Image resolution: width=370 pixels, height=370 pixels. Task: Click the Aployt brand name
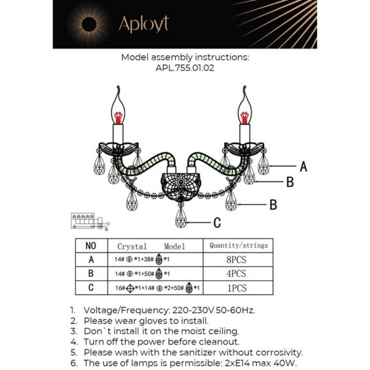point(144,24)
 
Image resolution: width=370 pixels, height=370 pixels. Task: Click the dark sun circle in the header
point(89,24)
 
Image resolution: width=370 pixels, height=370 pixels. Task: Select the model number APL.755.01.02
point(185,68)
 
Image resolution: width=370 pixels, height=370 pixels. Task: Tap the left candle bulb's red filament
point(118,118)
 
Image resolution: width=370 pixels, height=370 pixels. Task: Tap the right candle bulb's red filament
point(245,118)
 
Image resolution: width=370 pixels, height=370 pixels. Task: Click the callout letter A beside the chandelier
point(304,166)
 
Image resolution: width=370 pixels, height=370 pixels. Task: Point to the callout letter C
point(217,222)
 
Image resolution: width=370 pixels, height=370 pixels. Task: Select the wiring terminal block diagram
point(90,221)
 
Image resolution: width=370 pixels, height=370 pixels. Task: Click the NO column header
point(91,246)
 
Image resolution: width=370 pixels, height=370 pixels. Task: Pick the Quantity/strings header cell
point(239,246)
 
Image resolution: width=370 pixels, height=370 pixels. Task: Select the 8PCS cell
point(237,260)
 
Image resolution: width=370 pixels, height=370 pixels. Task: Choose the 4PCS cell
point(237,274)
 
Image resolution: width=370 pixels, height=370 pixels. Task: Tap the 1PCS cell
point(237,288)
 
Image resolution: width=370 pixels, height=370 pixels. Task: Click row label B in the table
point(91,274)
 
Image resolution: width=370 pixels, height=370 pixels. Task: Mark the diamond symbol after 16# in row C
point(129,288)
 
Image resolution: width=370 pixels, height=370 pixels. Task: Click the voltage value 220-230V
point(193,310)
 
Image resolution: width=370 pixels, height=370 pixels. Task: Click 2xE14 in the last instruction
point(237,363)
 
